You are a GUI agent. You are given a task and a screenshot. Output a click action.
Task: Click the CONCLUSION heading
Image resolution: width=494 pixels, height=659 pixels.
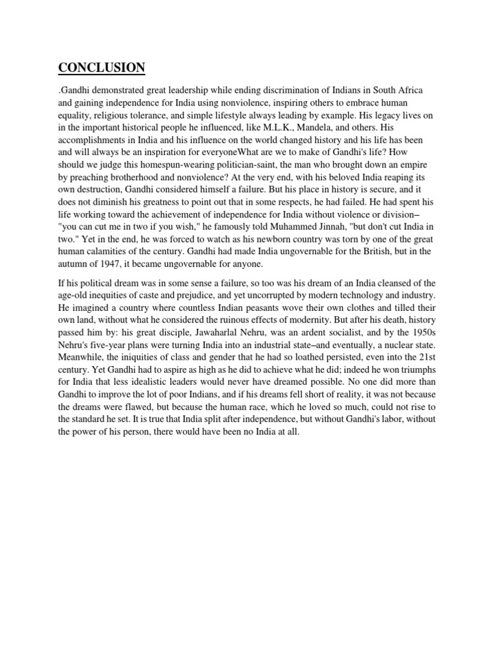(102, 68)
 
